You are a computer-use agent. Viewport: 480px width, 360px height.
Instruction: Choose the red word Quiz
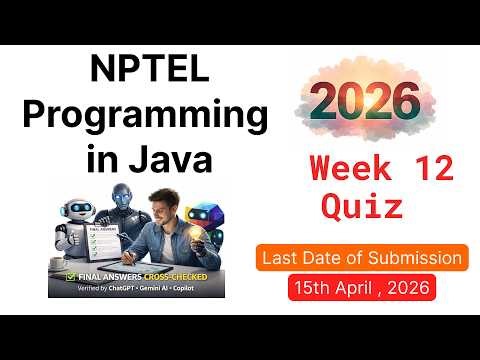coord(362,207)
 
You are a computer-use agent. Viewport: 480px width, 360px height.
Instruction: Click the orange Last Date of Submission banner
coord(361,258)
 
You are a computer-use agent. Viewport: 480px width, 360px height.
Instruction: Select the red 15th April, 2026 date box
coord(361,288)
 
